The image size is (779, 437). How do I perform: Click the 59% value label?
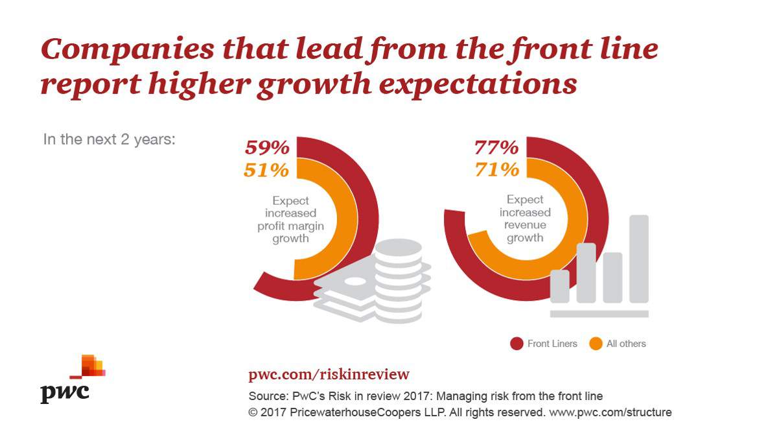click(x=267, y=148)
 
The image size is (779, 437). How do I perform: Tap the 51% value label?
click(x=266, y=171)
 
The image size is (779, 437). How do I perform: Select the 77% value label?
click(x=496, y=148)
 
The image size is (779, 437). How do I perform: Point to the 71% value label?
click(x=496, y=171)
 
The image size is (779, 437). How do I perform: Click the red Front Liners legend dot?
click(x=517, y=344)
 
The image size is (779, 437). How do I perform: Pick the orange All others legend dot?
click(x=596, y=344)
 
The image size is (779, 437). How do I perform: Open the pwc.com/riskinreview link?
click(x=329, y=375)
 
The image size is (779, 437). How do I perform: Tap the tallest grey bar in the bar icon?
click(x=639, y=259)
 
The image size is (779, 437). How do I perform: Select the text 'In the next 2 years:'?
click(x=109, y=139)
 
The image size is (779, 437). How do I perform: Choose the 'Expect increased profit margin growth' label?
click(x=291, y=220)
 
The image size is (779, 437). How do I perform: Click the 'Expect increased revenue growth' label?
click(x=524, y=218)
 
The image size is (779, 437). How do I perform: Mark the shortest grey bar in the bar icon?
click(x=560, y=286)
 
